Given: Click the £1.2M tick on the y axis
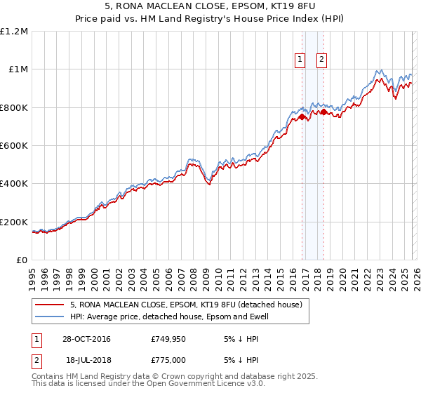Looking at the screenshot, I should [x=14, y=31].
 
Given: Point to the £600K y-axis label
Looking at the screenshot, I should [x=14, y=145].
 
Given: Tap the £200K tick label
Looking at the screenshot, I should [x=14, y=222].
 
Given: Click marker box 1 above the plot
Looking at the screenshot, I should [x=300, y=60].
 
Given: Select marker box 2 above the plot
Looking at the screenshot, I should [x=321, y=60].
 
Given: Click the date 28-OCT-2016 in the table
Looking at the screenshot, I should [x=86, y=340].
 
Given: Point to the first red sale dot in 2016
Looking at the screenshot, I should [x=302, y=117].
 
